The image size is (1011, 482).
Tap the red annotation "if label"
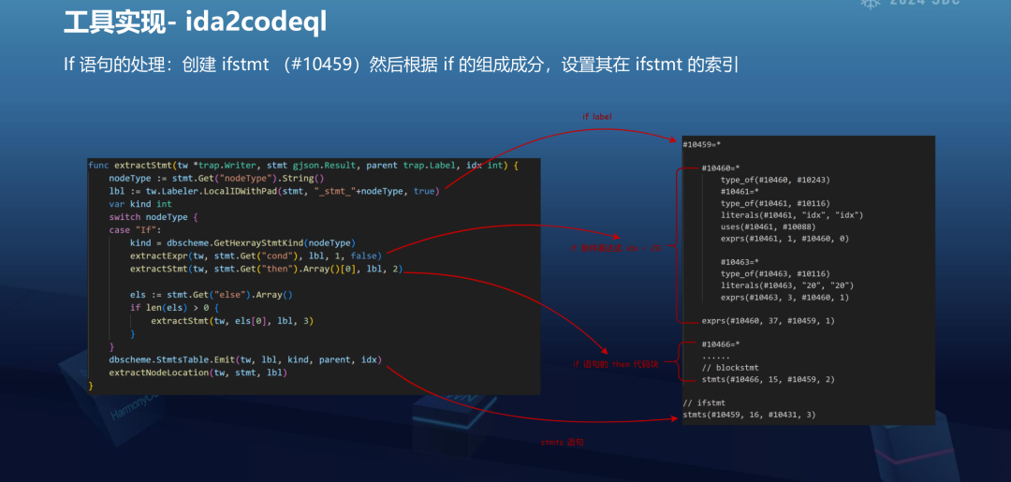click(596, 117)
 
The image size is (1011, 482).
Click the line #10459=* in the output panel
click(701, 145)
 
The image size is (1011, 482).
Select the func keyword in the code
click(98, 165)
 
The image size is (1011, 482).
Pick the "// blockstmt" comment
click(728, 368)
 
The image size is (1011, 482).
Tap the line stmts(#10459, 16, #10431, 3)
click(749, 415)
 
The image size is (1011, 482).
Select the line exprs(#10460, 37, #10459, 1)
click(768, 321)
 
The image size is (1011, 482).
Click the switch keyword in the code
click(125, 217)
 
